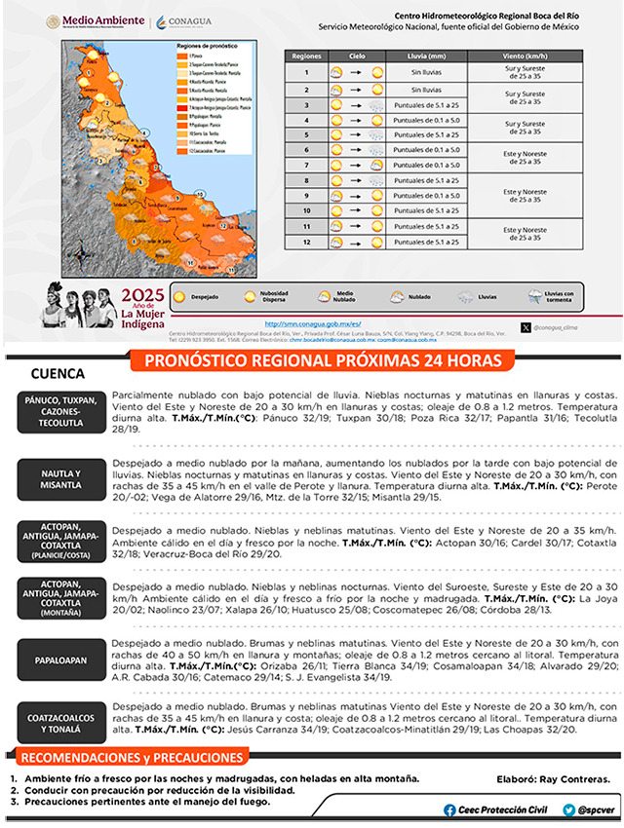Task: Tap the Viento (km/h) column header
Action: [526, 58]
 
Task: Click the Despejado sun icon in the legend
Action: [179, 295]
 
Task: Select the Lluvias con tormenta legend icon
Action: [536, 295]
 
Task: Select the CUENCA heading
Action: [58, 374]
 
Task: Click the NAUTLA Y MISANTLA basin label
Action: [60, 479]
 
